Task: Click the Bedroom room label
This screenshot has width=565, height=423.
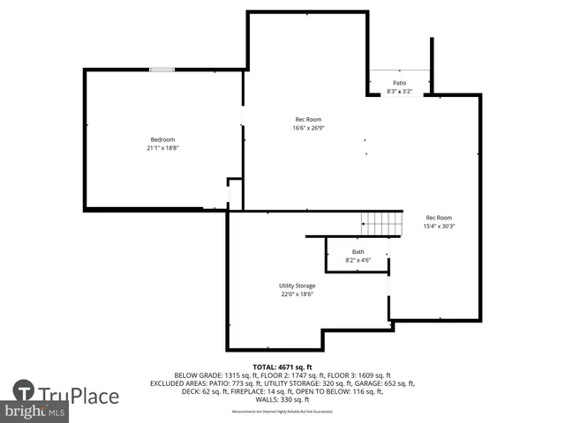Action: click(162, 139)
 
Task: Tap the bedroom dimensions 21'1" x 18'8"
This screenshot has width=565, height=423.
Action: click(162, 148)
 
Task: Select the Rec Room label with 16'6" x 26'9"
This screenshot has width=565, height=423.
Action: click(307, 120)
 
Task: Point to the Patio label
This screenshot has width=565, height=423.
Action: click(400, 83)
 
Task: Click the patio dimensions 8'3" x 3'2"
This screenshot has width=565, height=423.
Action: click(400, 91)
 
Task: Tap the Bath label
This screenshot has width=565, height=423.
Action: click(358, 252)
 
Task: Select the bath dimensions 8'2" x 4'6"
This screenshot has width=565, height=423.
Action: click(358, 260)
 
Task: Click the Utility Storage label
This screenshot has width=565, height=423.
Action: click(297, 286)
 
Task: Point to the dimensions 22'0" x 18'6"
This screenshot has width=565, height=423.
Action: click(297, 294)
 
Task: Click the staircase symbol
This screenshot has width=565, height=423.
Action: click(381, 224)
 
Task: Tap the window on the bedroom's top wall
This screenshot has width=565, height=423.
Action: click(162, 70)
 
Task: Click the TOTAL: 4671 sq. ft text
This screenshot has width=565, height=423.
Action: click(275, 367)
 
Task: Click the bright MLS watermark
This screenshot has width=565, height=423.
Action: click(35, 412)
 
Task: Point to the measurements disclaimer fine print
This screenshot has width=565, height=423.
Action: click(282, 412)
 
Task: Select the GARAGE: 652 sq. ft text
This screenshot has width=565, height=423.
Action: click(383, 383)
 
